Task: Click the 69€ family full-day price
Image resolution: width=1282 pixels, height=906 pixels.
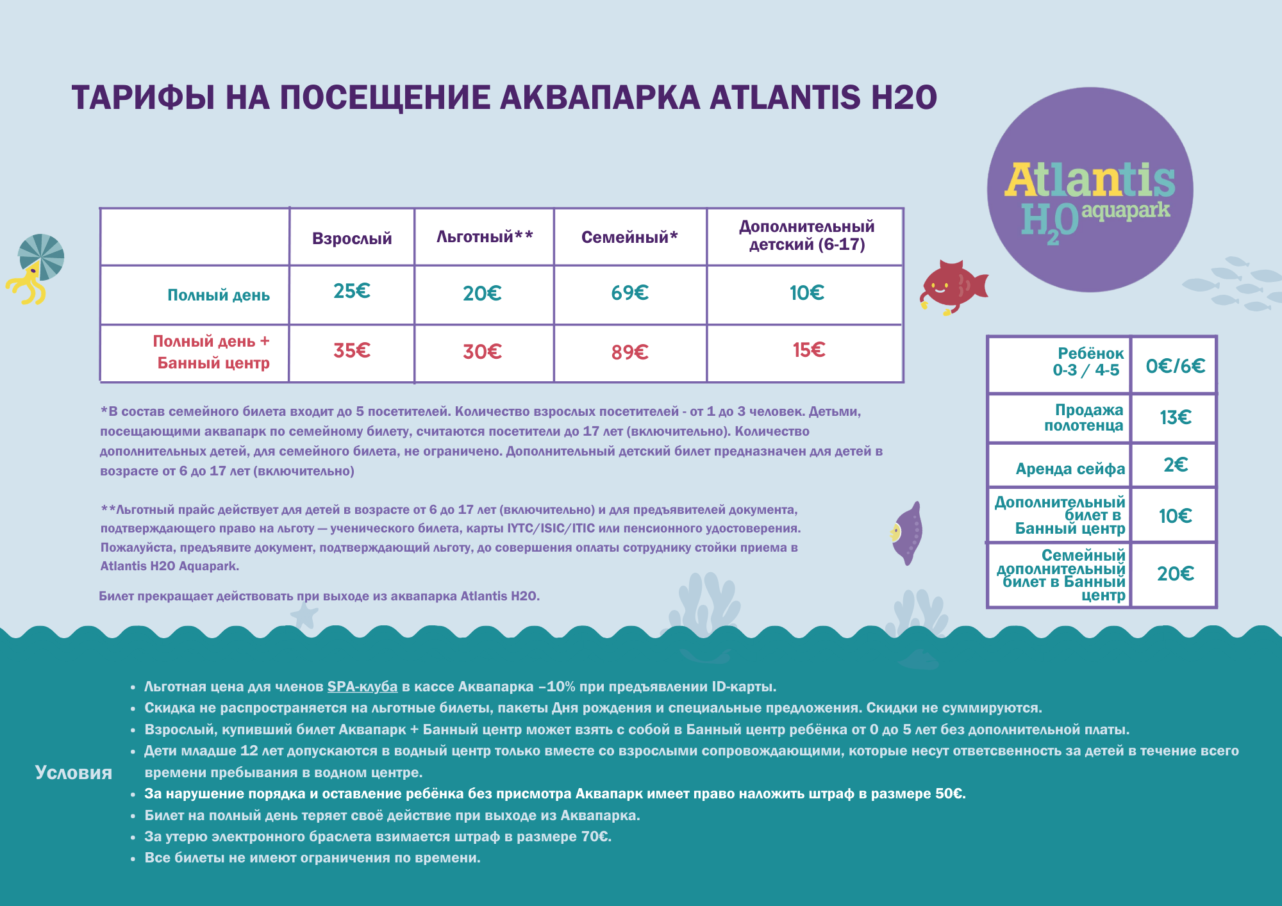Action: tap(629, 293)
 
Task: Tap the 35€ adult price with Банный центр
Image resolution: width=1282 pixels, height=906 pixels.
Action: tap(351, 351)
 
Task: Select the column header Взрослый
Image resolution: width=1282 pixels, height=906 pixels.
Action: tap(351, 238)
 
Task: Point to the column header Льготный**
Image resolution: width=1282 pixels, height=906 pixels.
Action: tap(484, 237)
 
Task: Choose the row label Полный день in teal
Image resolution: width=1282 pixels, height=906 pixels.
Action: tap(218, 295)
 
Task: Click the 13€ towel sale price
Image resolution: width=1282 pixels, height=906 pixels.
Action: tap(1174, 418)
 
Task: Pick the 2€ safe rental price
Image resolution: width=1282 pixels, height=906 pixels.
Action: tap(1175, 465)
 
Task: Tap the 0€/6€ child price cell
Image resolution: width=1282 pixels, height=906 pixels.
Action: tap(1174, 367)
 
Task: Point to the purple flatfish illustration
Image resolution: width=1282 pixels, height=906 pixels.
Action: tap(907, 533)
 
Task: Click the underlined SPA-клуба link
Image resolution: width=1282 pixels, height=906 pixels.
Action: tap(362, 687)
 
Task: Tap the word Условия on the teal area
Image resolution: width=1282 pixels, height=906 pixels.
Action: tap(73, 773)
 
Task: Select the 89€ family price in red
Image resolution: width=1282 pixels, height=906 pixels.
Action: tap(629, 352)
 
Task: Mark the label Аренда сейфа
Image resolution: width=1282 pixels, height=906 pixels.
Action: tap(1070, 469)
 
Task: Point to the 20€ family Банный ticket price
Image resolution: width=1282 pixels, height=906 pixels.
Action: tap(1174, 574)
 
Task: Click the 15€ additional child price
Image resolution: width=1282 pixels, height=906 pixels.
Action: tap(808, 350)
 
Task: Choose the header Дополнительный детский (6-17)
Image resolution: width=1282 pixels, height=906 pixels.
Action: tap(806, 236)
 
